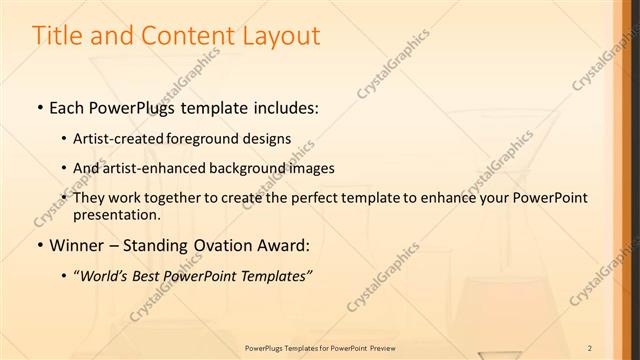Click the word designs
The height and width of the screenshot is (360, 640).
point(267,138)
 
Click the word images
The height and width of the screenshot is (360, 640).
point(312,168)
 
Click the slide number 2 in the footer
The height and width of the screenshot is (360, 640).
point(590,347)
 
